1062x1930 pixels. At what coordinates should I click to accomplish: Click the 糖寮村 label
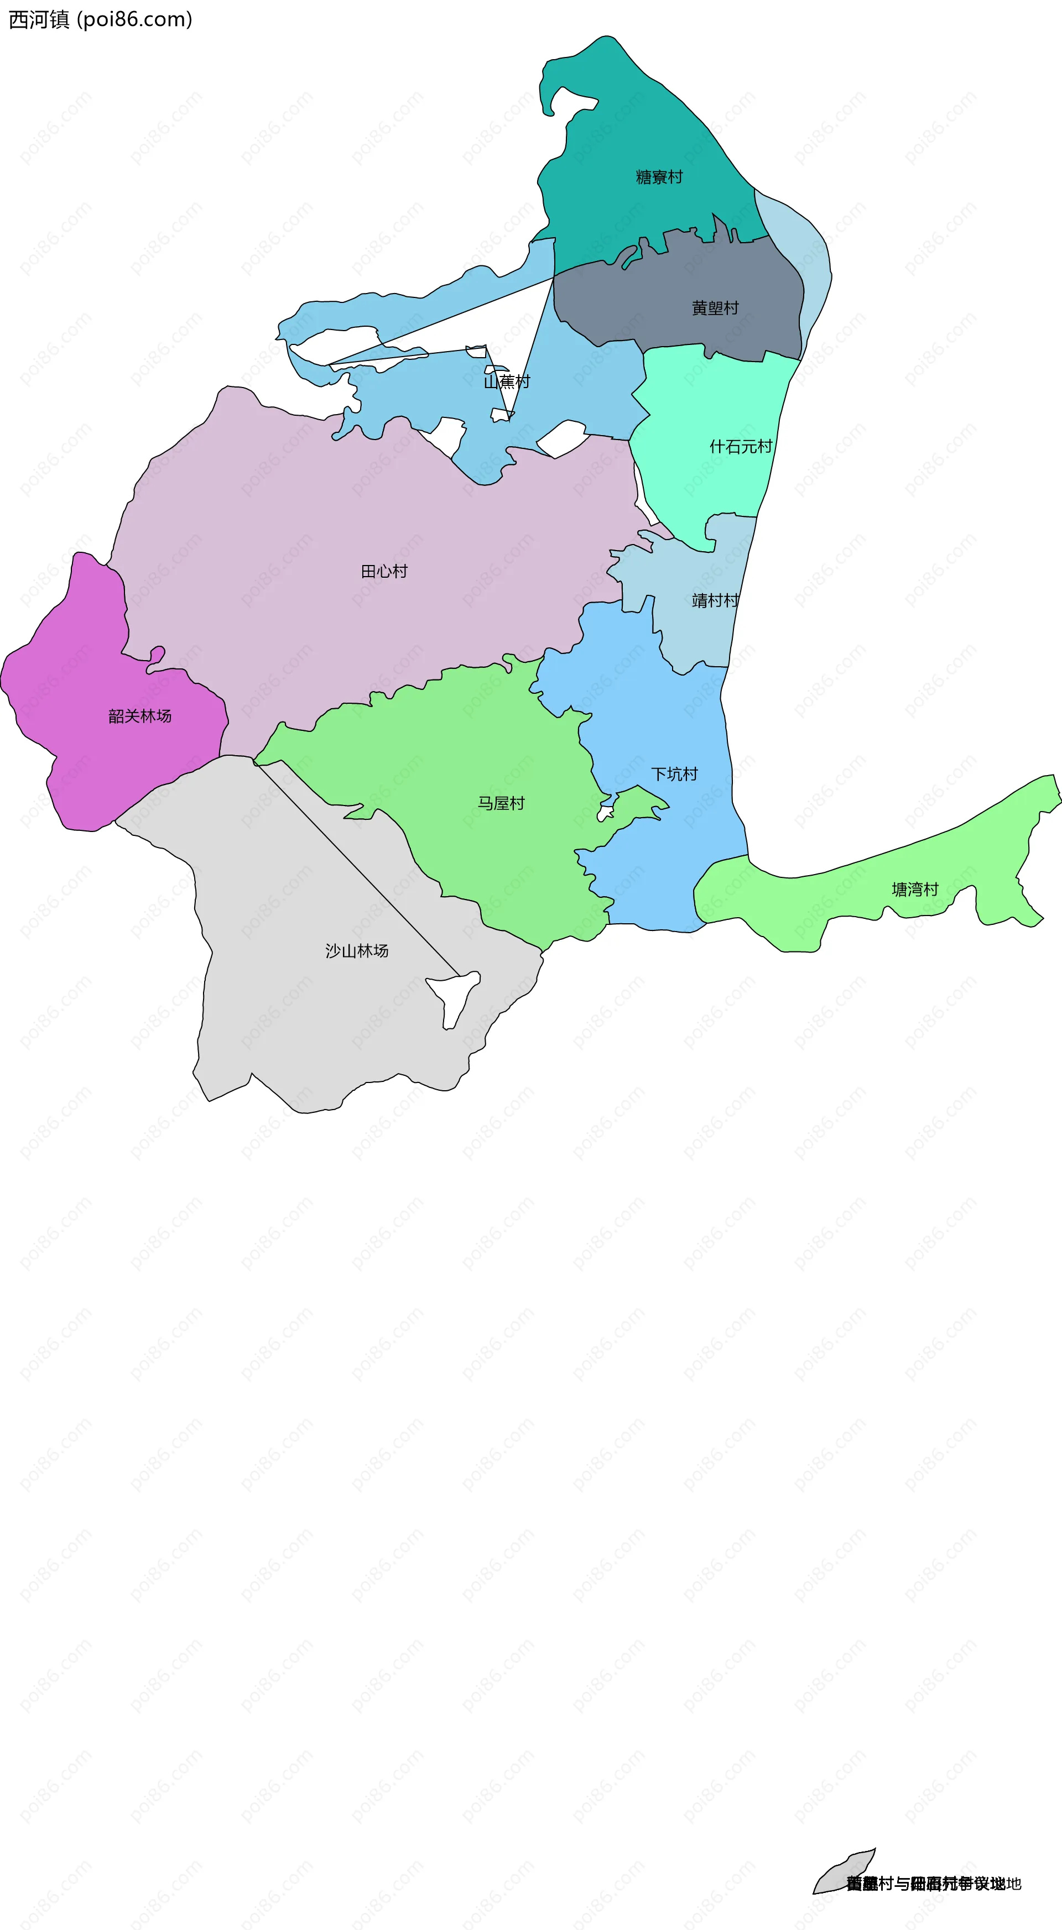(x=659, y=177)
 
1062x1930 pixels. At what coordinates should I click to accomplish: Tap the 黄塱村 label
(x=715, y=308)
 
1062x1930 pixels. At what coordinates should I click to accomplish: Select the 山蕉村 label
(x=507, y=382)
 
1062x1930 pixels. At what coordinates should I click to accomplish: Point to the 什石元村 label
(x=741, y=447)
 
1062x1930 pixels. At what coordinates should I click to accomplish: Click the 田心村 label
(x=384, y=572)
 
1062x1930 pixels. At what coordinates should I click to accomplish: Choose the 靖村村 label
(x=715, y=601)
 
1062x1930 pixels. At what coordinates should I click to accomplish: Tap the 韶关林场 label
(x=139, y=716)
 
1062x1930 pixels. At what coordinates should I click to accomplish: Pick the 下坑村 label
(x=674, y=775)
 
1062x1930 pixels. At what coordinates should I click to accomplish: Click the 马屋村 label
(x=501, y=804)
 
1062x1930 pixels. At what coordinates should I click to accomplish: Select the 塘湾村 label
(x=914, y=890)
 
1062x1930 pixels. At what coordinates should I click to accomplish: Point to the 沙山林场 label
(x=357, y=951)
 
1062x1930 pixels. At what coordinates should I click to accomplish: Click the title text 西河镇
(x=38, y=19)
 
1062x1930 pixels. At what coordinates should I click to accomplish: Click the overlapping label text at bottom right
(x=933, y=1884)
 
